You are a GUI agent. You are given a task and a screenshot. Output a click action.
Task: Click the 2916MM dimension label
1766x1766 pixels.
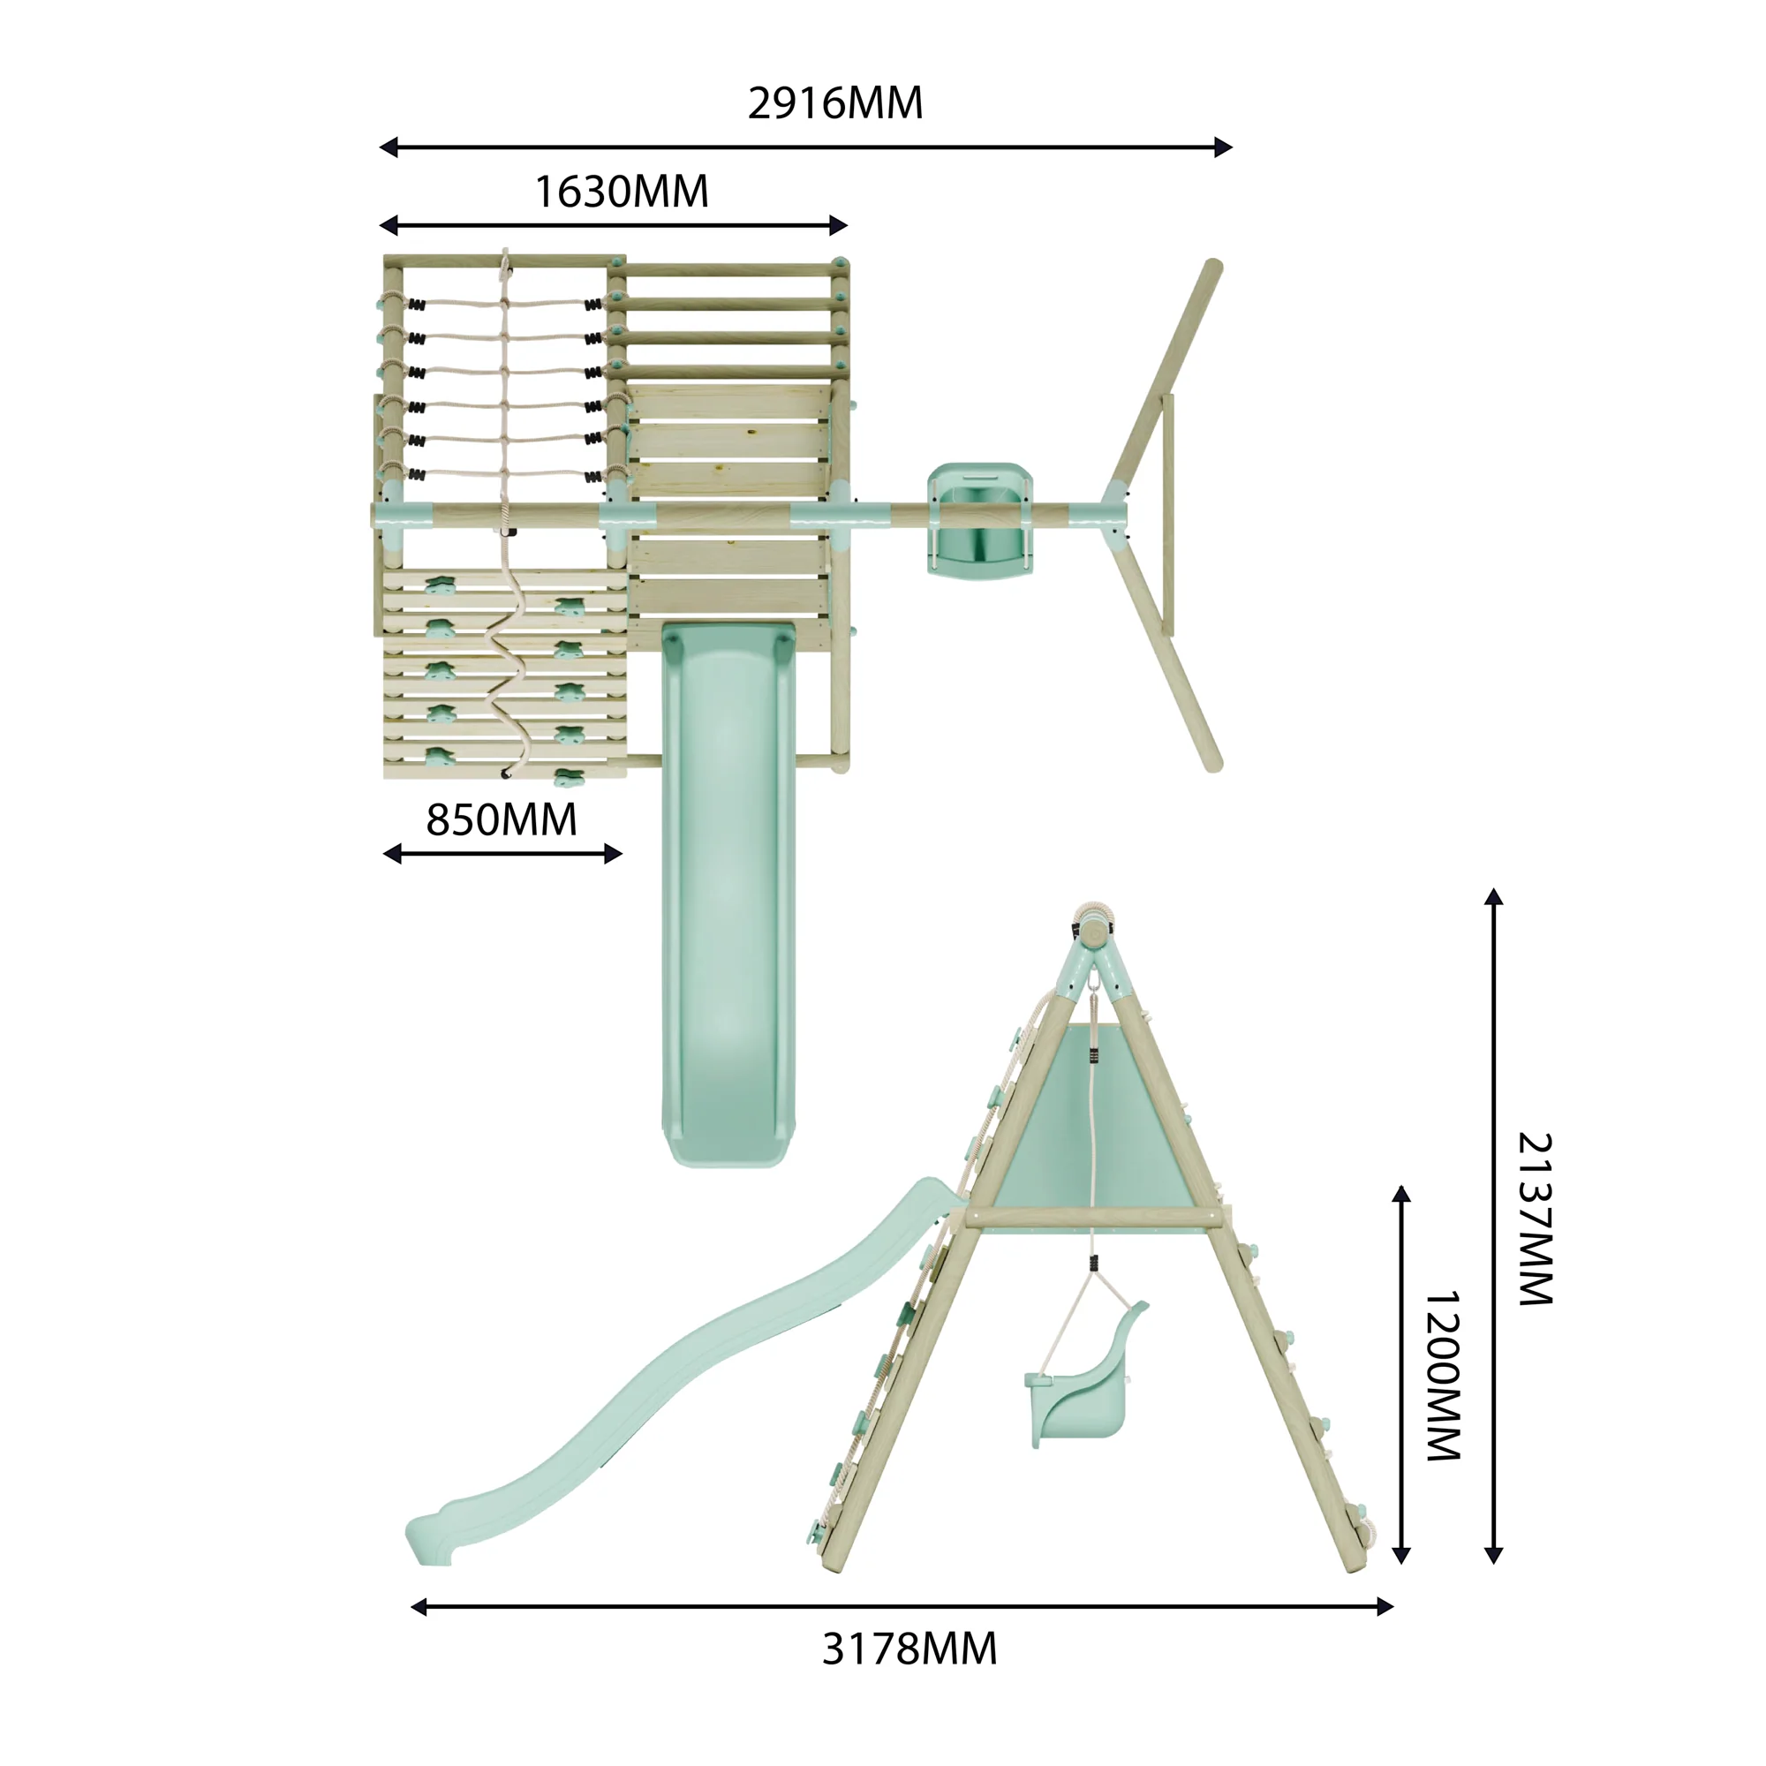tap(834, 103)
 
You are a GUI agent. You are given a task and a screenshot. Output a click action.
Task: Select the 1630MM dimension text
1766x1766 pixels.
tap(621, 192)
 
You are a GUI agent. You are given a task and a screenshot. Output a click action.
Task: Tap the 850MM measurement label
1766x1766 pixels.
tap(501, 820)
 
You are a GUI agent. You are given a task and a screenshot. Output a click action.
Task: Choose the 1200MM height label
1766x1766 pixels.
tap(1444, 1375)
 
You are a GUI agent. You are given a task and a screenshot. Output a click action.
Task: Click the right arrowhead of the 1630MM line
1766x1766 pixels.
tap(838, 225)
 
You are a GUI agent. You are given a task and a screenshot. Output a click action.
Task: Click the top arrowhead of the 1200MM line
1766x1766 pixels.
tap(1400, 1195)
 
